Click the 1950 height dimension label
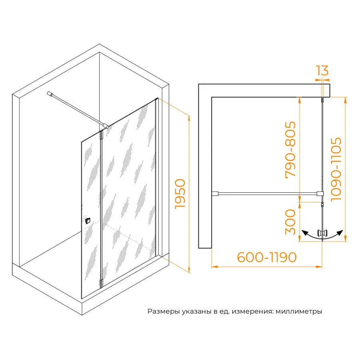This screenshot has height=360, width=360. click(x=180, y=194)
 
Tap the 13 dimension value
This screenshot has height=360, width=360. click(x=322, y=70)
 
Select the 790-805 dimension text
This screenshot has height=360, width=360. click(x=290, y=150)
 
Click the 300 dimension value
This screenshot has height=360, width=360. click(x=290, y=222)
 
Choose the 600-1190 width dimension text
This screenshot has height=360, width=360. click(x=267, y=257)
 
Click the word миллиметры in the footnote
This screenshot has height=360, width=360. click(x=299, y=312)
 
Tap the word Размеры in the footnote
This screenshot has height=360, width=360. click(x=164, y=312)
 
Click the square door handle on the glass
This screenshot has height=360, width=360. click(x=88, y=221)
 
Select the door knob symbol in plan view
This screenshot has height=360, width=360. click(x=322, y=233)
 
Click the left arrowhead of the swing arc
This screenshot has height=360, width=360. click(x=305, y=233)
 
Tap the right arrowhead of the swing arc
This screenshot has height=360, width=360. click(x=340, y=233)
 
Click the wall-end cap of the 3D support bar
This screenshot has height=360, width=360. click(x=50, y=94)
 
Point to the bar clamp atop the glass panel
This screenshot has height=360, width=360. click(x=106, y=126)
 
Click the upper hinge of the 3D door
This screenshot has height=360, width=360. click(x=102, y=135)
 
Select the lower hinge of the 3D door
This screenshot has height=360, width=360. click(x=102, y=283)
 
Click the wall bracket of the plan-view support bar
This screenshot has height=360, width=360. click(x=215, y=194)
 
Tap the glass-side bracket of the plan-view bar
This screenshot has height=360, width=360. click(x=320, y=194)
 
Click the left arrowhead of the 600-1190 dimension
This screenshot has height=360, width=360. click(x=214, y=267)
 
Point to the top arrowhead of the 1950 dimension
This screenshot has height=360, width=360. click(x=189, y=118)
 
